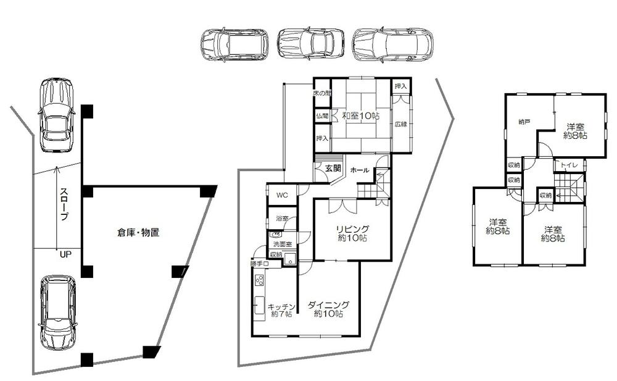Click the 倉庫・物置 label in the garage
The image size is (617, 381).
139,233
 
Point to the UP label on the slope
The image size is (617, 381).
64,254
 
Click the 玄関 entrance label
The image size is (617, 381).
334,168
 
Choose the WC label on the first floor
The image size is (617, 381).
282,195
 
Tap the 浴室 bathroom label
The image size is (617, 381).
281,219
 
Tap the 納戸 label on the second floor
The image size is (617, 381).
524,122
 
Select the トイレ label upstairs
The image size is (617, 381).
569,165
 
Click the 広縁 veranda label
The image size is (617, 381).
401,124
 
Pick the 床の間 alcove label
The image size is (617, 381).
321,93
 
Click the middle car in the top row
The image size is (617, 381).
310,44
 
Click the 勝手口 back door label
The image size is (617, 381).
259,264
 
